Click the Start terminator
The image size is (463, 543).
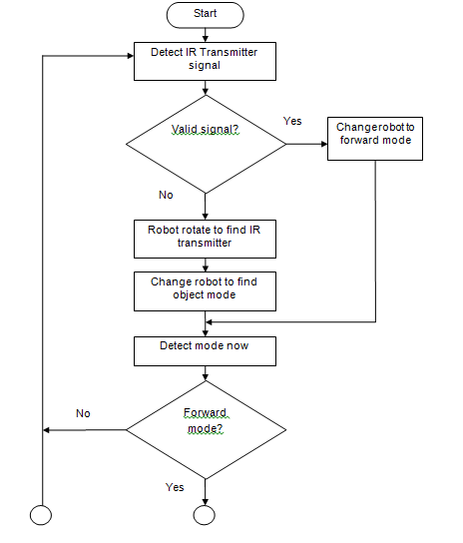point(205,14)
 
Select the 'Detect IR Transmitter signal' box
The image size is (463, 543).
point(205,59)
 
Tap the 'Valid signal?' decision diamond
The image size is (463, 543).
point(205,144)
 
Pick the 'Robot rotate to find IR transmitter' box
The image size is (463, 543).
point(205,238)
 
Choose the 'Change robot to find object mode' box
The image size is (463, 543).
point(205,288)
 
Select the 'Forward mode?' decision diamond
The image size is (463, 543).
point(205,429)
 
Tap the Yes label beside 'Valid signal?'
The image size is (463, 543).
point(292,121)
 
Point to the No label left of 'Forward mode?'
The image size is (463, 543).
point(84,412)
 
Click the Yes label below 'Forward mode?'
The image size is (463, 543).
point(174,487)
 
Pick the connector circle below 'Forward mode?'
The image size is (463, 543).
point(205,516)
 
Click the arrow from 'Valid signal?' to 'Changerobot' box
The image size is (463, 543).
point(307,144)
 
